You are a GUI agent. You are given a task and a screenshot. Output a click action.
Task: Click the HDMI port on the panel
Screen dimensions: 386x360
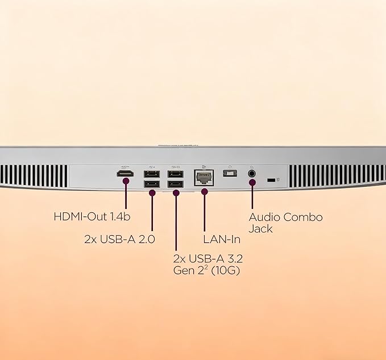coord(125,174)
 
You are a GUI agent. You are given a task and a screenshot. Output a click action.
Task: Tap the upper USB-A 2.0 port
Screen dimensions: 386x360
coord(152,174)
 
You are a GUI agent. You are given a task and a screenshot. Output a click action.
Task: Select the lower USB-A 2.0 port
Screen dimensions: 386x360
coord(152,184)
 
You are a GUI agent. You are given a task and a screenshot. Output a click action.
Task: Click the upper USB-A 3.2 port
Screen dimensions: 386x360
coord(176,174)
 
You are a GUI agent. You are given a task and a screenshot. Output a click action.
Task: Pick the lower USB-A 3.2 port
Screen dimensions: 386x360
coord(176,184)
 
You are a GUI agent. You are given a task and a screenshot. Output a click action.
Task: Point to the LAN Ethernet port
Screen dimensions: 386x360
coord(204,178)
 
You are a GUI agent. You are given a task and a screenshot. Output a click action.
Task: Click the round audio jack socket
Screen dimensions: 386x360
coord(252,174)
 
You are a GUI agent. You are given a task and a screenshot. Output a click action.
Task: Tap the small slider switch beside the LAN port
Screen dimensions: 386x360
coord(230,173)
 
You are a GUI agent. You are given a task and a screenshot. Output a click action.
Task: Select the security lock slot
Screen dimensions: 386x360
coord(271,180)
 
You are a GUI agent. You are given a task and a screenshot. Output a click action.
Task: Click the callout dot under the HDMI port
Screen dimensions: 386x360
coord(126,181)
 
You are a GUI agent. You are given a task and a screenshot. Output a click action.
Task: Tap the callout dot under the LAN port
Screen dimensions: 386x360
coord(204,191)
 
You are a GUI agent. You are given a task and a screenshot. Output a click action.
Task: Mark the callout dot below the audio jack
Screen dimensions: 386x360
coord(252,182)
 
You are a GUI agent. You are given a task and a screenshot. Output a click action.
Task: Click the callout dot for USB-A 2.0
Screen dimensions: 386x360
coord(152,193)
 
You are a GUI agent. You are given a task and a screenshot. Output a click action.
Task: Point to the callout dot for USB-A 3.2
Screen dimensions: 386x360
coord(176,193)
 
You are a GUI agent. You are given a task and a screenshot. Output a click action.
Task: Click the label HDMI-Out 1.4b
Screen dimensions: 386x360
coord(92,217)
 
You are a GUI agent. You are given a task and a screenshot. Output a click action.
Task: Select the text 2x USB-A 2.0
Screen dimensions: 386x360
coord(119,239)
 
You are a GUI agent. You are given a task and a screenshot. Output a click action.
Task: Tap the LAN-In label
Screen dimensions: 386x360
coord(222,239)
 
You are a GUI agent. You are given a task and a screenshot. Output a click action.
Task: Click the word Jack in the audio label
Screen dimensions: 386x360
coord(260,229)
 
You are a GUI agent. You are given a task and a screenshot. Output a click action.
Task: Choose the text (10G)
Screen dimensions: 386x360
coord(225,270)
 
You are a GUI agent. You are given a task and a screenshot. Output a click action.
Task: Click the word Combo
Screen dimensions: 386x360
coord(302,217)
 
